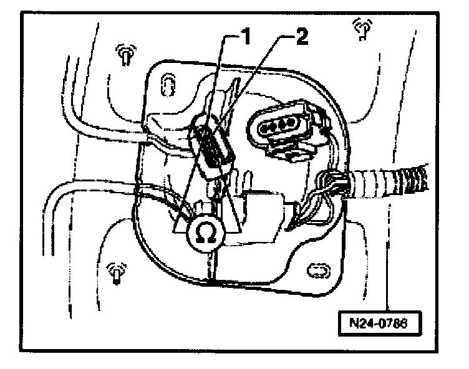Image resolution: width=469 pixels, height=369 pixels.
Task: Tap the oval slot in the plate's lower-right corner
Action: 317,269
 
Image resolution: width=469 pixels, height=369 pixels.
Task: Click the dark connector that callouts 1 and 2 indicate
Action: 211,147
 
